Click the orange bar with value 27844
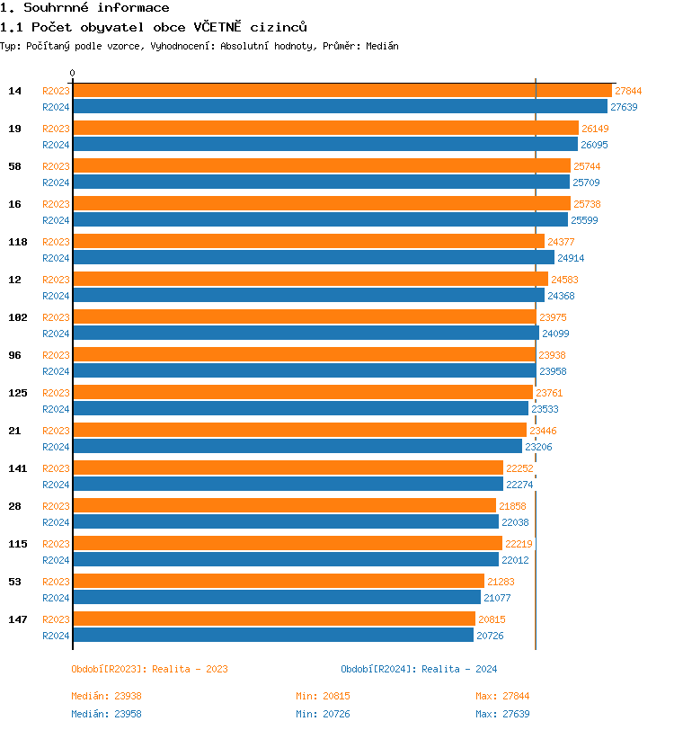pos(341,90)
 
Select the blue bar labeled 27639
pos(340,106)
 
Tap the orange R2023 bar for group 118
pos(308,241)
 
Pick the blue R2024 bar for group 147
pos(273,635)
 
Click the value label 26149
pos(595,129)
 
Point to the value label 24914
pos(571,258)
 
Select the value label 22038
pos(515,522)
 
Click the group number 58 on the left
pos(14,166)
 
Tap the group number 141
pos(17,468)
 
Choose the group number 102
pos(17,317)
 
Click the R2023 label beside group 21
pos(56,431)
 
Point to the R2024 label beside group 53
pos(56,598)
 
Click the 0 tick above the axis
pos(73,73)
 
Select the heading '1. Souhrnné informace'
pos(84,8)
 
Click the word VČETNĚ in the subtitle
pos(217,27)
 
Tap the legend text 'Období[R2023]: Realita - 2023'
pos(149,669)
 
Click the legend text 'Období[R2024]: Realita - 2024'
pos(419,669)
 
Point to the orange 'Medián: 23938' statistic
pos(106,696)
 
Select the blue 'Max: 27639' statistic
pos(502,714)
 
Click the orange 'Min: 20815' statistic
pos(323,696)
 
